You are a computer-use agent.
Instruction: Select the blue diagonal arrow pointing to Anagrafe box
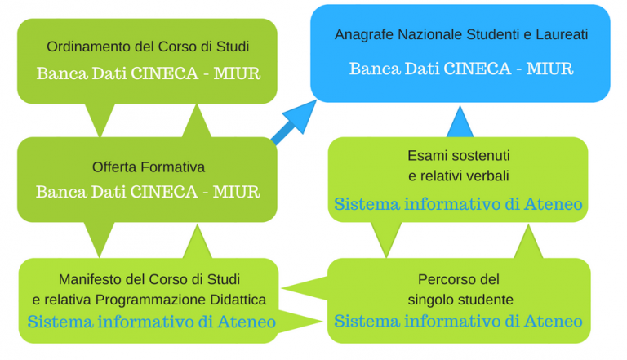294,122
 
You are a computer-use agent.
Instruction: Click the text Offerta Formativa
149,167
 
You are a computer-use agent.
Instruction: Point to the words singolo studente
460,300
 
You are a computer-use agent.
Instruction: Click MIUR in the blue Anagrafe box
549,69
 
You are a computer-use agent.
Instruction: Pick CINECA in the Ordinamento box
165,73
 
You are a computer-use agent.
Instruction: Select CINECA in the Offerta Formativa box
164,192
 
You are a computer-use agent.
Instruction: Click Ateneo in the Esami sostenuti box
553,204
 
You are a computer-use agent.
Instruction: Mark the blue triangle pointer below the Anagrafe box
460,122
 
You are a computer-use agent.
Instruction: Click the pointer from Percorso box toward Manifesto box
305,288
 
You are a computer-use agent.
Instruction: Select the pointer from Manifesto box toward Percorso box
300,321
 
